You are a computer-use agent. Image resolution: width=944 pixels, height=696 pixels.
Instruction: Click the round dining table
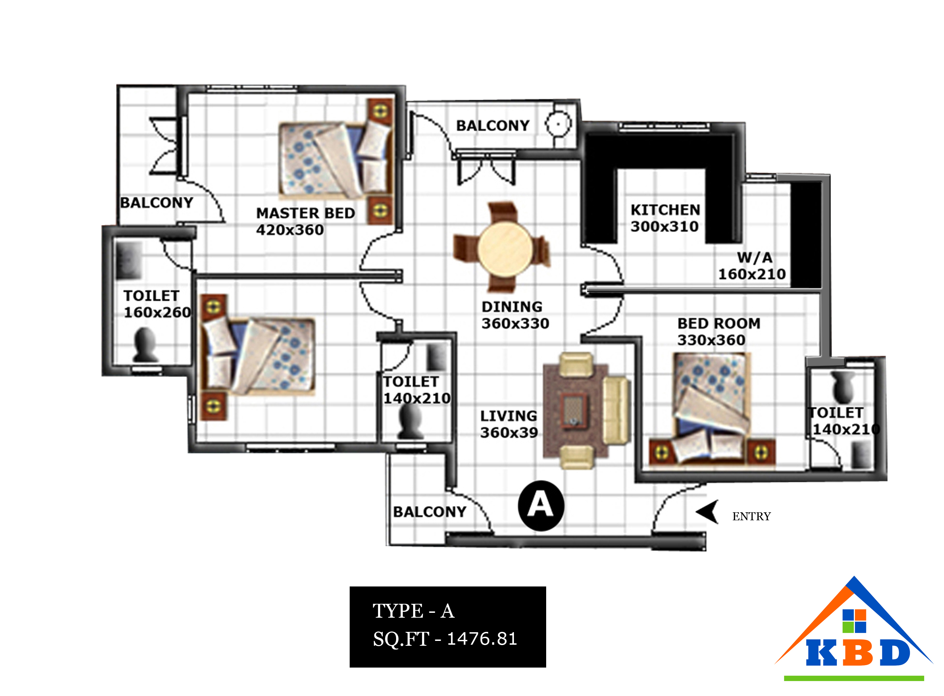[x=505, y=249]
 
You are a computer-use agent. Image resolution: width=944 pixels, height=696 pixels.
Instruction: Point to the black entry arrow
[x=708, y=512]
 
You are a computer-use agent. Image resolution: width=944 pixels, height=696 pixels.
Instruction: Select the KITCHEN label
[x=665, y=209]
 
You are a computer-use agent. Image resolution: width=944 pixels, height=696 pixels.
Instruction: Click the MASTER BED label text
[x=305, y=213]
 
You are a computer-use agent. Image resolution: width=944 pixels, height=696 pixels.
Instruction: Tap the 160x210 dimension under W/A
[x=752, y=274]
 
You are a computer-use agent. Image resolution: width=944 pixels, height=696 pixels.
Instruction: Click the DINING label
[x=512, y=307]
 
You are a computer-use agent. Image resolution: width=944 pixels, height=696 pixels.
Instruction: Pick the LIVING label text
[x=508, y=416]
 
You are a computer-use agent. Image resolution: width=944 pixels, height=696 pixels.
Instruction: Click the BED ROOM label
[x=719, y=323]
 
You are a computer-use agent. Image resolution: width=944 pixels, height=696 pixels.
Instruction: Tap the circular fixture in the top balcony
[x=558, y=124]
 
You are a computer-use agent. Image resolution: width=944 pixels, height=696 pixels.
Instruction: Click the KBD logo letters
[x=858, y=653]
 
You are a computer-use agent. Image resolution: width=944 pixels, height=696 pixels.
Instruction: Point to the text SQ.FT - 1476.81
[x=445, y=639]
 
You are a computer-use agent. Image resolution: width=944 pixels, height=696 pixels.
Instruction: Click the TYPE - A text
[x=413, y=611]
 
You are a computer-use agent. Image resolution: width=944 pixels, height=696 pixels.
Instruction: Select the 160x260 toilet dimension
[x=157, y=312]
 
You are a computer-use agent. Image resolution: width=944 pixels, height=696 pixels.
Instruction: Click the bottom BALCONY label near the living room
[x=430, y=512]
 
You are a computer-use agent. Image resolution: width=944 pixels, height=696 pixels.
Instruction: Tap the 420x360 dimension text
[x=290, y=229]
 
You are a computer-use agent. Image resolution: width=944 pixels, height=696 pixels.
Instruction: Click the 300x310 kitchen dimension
[x=664, y=226]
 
